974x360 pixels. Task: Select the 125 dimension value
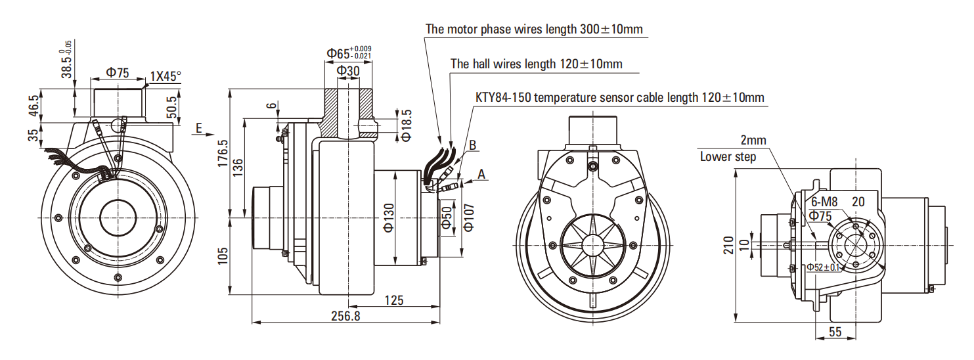[394, 300]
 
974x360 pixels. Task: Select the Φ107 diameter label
[468, 216]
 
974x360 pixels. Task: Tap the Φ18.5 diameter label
[405, 125]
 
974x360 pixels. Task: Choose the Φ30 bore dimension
[348, 70]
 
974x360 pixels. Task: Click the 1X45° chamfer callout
[165, 76]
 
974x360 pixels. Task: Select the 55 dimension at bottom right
[835, 332]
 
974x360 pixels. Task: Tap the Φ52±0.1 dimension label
[824, 267]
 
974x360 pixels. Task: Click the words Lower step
[728, 156]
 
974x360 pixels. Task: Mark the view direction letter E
[198, 129]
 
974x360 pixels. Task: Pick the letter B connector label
[472, 145]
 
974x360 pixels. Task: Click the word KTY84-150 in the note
[502, 98]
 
